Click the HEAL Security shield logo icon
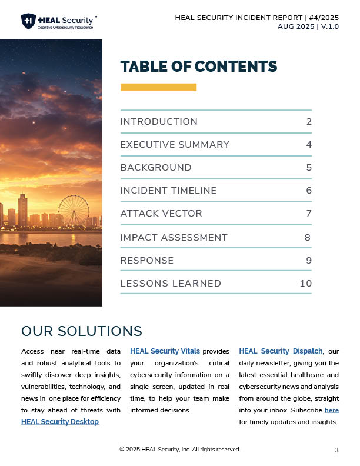tap(28, 21)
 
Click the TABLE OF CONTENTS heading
tap(198, 66)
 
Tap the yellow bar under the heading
tap(158, 87)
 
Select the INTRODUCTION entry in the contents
tap(159, 122)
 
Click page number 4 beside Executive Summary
tap(309, 145)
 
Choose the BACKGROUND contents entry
tap(156, 168)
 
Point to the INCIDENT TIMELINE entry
tap(168, 191)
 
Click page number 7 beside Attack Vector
tap(309, 214)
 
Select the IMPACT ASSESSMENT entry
tap(174, 238)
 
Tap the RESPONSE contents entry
tap(147, 260)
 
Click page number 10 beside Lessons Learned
tap(305, 284)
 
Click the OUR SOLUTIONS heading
tap(82, 331)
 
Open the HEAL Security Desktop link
tap(60, 421)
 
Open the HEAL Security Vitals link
tap(165, 351)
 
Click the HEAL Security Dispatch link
tap(281, 351)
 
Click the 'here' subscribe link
tap(331, 410)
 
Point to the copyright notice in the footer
tap(179, 450)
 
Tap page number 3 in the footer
tap(336, 450)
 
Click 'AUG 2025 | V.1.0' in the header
tap(308, 27)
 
